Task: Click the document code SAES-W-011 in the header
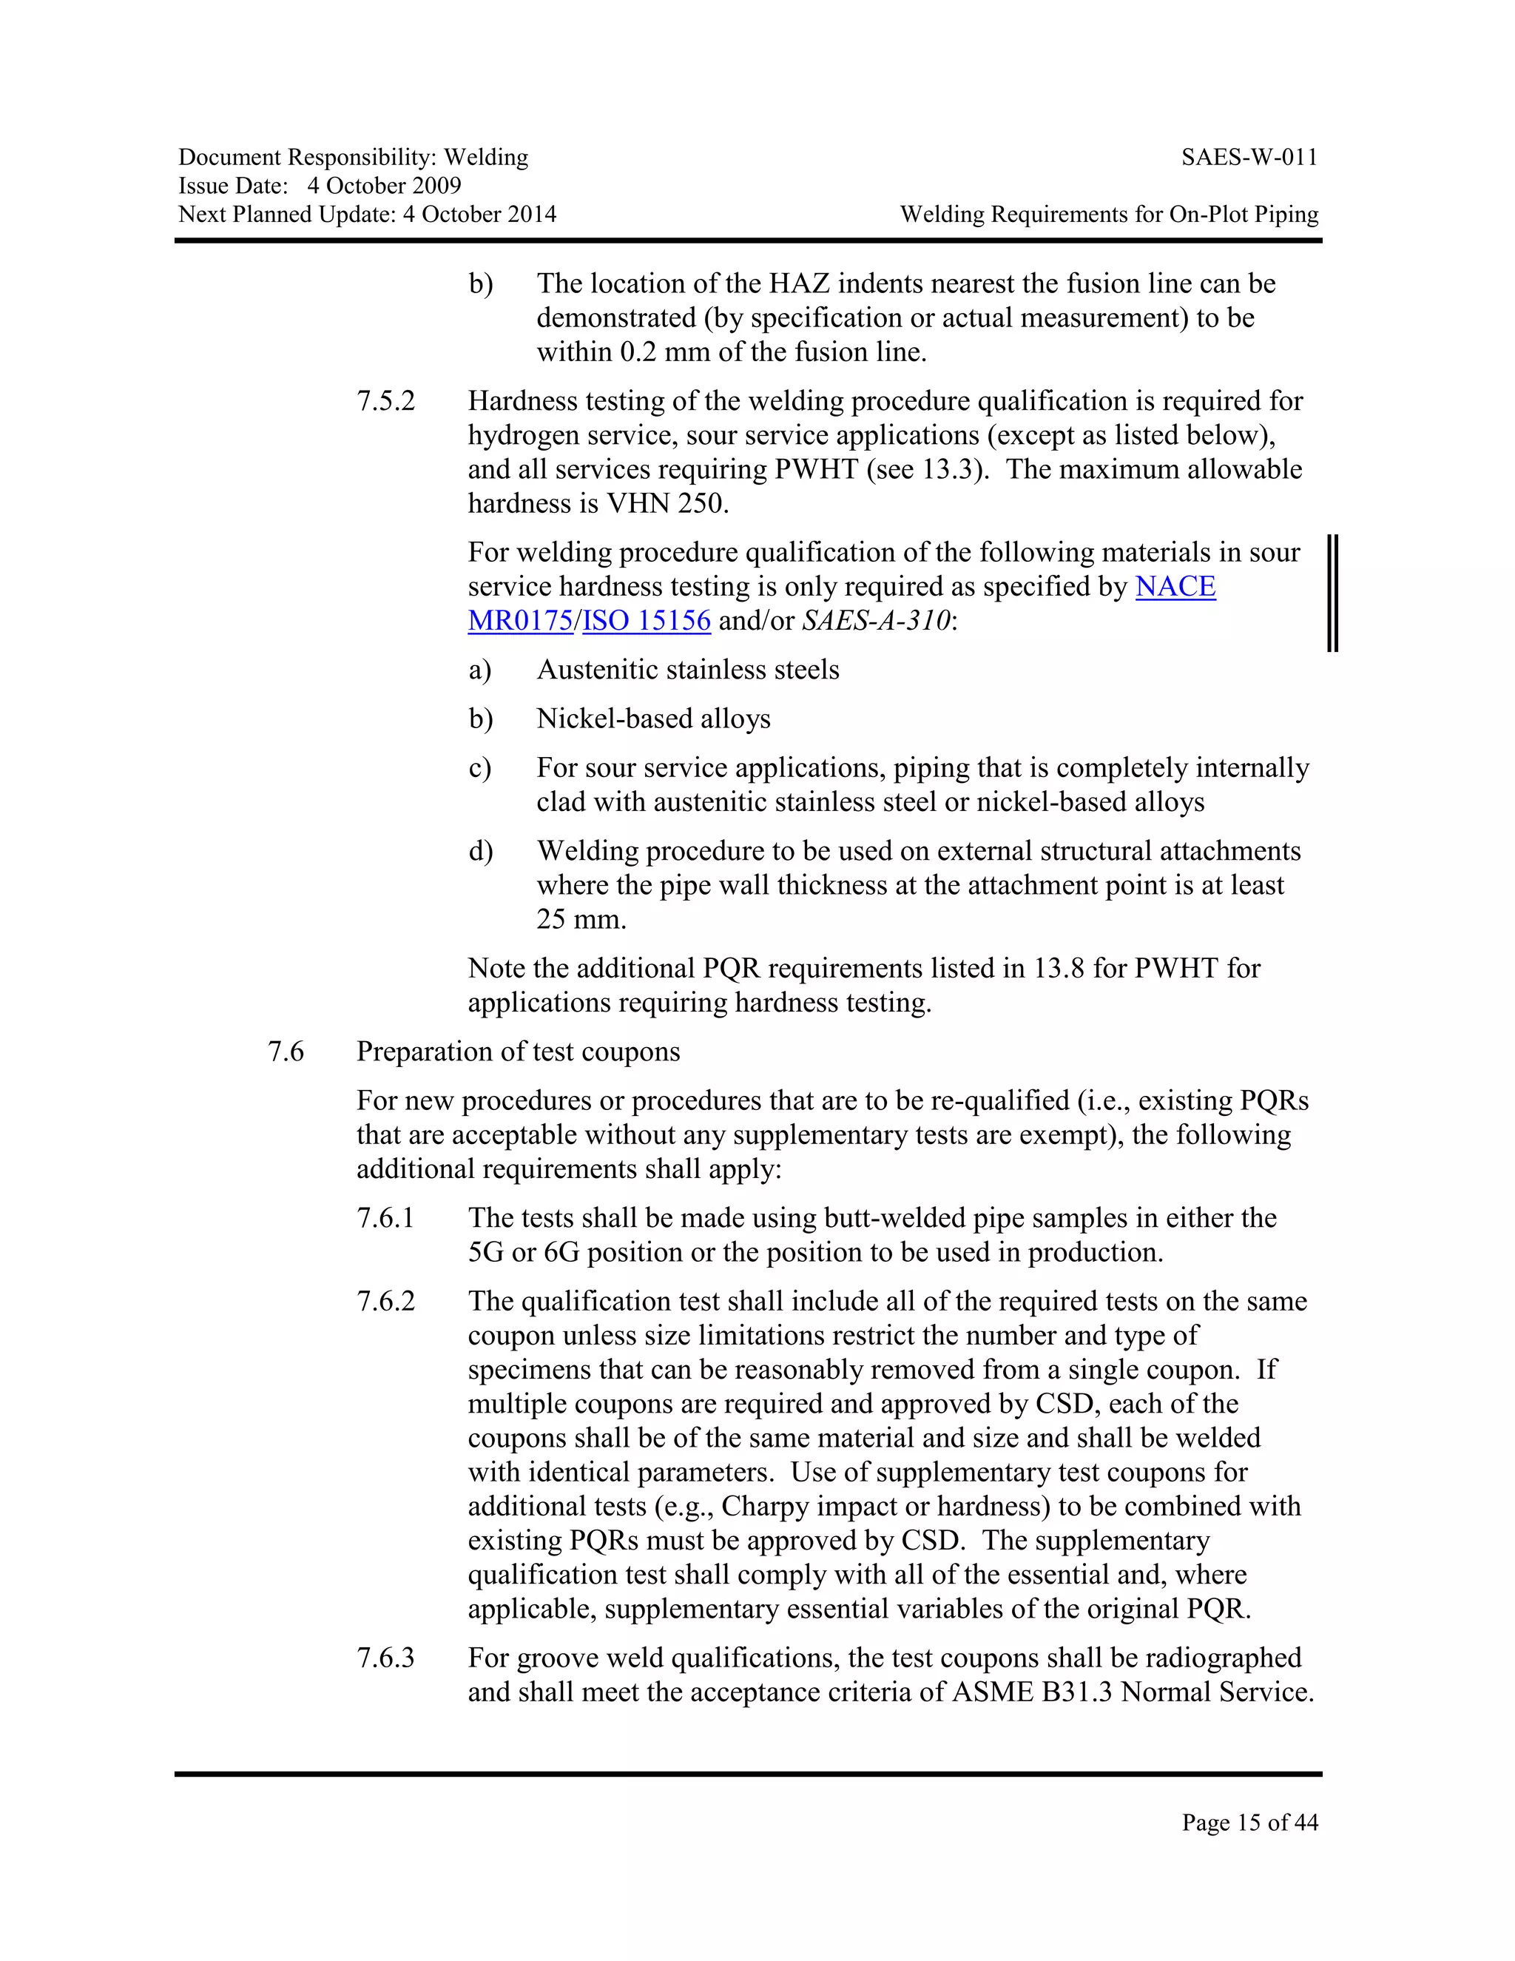tap(1249, 158)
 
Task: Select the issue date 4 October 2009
tap(384, 186)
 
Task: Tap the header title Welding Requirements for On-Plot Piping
tap(1110, 215)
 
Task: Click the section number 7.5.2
tap(386, 401)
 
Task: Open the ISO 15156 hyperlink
tap(647, 620)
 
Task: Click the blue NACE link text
tap(1175, 586)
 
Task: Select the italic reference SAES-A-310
tap(875, 620)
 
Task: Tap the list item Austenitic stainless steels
tap(687, 670)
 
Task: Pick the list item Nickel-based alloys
tap(653, 719)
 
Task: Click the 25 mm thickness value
tap(581, 919)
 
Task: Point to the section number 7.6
tap(286, 1052)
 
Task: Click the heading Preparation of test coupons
tap(518, 1052)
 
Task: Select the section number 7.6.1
tap(386, 1219)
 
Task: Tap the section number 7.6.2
tap(386, 1302)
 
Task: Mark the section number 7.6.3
tap(386, 1658)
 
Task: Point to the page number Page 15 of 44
tap(1249, 1822)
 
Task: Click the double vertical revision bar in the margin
tap(1333, 593)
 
